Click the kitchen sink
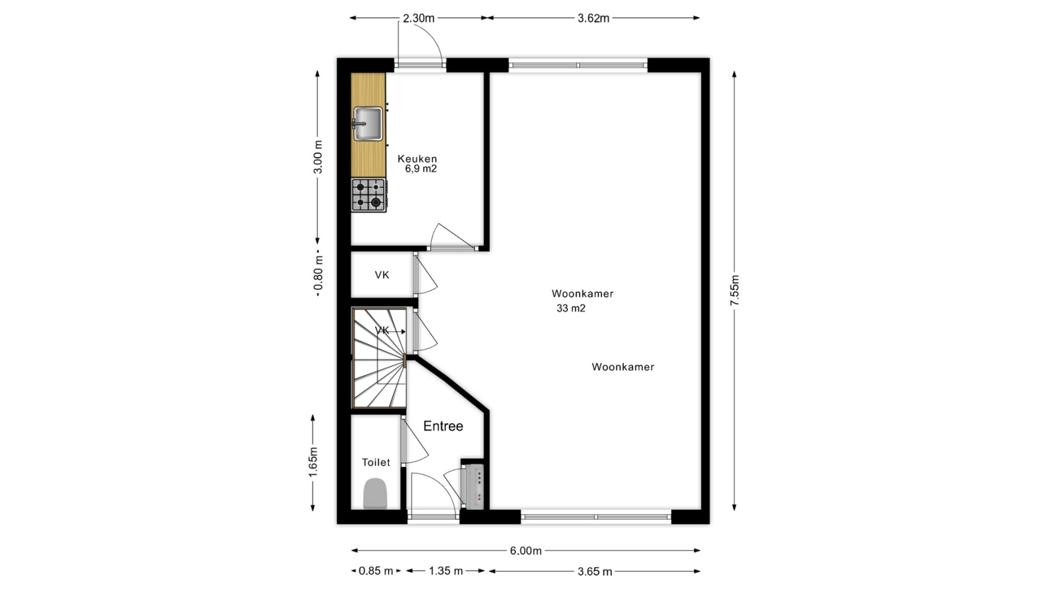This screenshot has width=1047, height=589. click(368, 124)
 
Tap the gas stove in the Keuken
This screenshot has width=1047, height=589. click(369, 195)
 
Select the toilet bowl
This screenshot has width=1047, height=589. click(375, 493)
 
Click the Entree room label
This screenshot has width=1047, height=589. click(443, 426)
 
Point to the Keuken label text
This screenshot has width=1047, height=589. click(417, 159)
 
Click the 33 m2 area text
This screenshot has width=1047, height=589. click(571, 309)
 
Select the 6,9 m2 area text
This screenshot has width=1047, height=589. click(421, 169)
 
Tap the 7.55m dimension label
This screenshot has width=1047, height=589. click(734, 290)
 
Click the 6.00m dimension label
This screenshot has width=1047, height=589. click(526, 551)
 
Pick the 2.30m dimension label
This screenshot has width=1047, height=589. click(419, 18)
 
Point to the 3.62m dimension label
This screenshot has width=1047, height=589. click(593, 18)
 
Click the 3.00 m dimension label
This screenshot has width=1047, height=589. click(318, 156)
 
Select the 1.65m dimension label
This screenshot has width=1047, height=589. click(313, 462)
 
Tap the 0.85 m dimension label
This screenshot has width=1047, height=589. click(376, 571)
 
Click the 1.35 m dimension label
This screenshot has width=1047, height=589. click(446, 571)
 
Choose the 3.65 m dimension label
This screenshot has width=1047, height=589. click(595, 571)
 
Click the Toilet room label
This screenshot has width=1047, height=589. click(376, 462)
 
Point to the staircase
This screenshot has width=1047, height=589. click(379, 358)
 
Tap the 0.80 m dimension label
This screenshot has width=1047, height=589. click(318, 275)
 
